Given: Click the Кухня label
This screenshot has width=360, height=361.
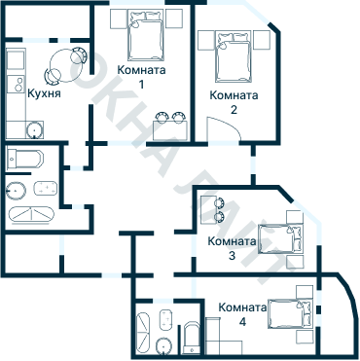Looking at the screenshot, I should tap(46, 95).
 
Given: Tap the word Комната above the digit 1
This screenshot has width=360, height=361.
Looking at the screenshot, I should tap(140, 70).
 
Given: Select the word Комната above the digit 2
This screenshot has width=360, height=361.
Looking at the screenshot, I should tap(234, 95).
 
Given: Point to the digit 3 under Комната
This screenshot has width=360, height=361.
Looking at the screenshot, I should tap(232, 256).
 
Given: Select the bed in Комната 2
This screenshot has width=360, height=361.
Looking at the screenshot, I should tap(234, 56).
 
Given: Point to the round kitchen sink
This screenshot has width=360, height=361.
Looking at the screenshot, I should tap(34, 126).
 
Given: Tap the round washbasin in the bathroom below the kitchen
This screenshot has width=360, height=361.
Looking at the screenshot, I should tap(17, 189).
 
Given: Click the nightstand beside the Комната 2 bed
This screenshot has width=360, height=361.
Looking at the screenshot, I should tap(206, 41).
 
